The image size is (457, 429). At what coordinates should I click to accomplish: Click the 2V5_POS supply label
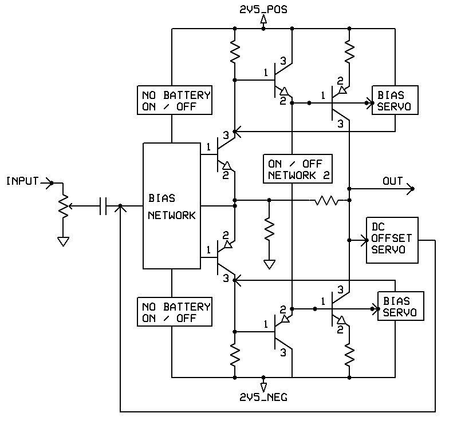[263, 10]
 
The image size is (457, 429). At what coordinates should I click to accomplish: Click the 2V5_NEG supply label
[263, 395]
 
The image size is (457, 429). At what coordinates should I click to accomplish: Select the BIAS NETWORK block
[171, 206]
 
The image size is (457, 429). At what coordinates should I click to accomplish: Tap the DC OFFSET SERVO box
[392, 240]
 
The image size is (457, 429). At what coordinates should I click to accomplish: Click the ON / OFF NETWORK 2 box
[297, 169]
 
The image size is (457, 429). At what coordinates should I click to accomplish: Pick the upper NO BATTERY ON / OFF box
[174, 100]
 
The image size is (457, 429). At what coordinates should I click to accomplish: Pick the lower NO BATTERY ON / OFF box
[174, 312]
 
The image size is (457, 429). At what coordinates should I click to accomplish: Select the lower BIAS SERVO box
[401, 306]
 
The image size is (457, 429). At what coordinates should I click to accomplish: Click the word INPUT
[22, 181]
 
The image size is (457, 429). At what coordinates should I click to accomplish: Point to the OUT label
[392, 181]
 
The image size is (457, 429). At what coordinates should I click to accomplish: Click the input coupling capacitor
[104, 206]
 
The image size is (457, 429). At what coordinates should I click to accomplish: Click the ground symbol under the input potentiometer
[63, 241]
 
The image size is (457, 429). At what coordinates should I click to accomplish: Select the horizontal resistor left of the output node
[325, 201]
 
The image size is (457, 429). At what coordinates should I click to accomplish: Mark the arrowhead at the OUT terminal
[409, 188]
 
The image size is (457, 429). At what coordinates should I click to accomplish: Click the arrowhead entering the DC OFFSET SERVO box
[363, 240]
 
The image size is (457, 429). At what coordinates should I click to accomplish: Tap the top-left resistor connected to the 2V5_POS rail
[235, 53]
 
